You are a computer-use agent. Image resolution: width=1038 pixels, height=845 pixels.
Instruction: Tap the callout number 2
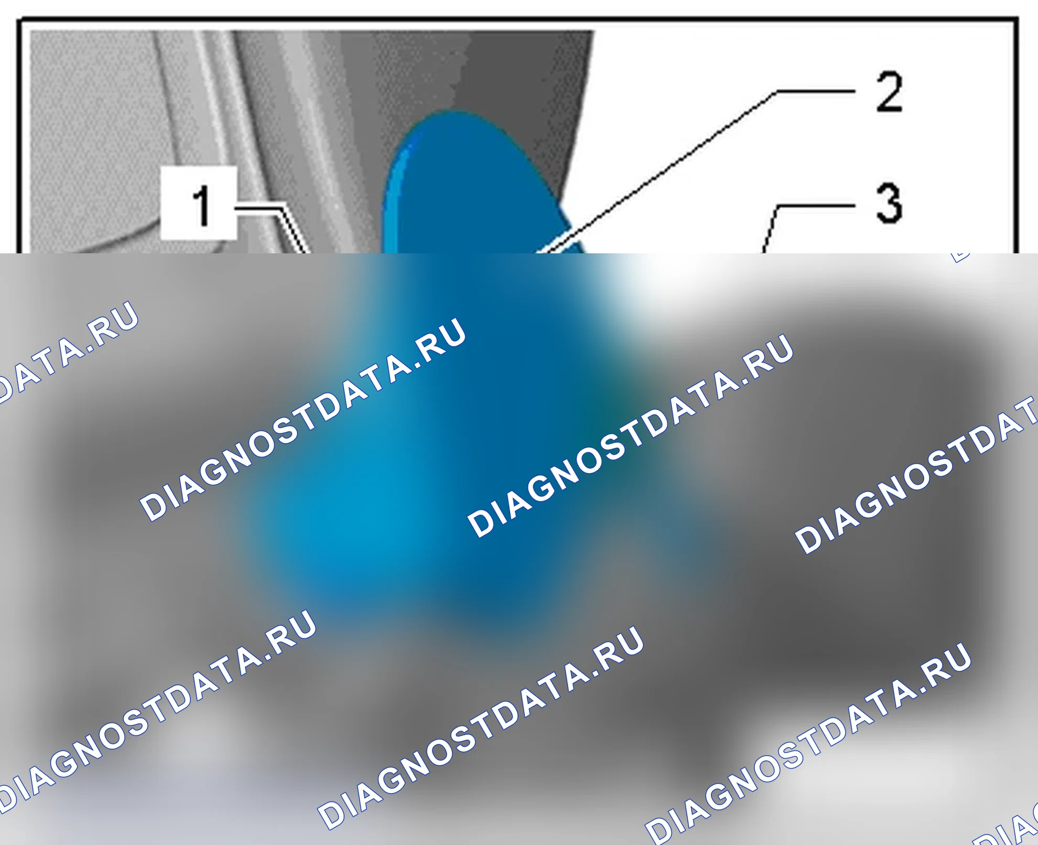(x=889, y=92)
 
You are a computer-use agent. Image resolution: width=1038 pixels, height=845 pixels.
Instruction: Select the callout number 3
(x=889, y=203)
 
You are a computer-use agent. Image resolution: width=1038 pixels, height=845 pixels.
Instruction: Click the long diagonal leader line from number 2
(x=658, y=172)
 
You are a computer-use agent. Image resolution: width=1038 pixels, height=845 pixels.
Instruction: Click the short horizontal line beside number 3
(x=816, y=206)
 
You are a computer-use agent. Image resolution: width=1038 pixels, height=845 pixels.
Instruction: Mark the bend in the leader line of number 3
(x=776, y=206)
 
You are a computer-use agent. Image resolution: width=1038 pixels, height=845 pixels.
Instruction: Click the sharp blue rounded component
(x=472, y=184)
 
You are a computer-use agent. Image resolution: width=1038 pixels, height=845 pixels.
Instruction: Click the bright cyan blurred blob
(x=367, y=514)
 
